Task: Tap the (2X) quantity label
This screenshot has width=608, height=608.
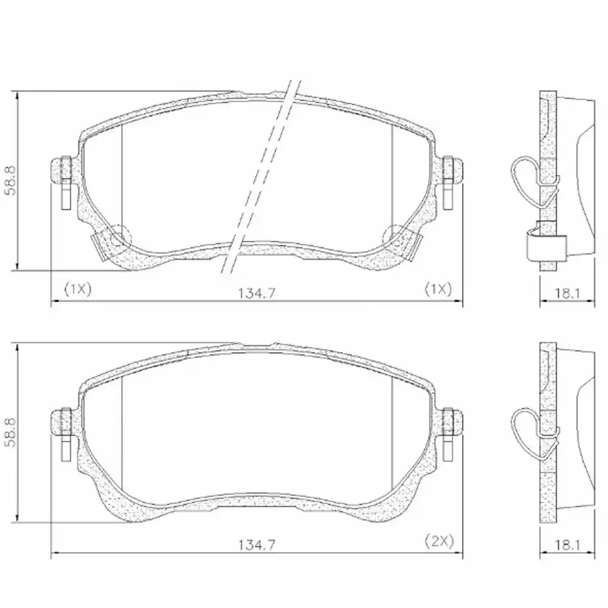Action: [x=438, y=540]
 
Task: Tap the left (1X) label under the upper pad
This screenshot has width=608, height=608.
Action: [x=77, y=289]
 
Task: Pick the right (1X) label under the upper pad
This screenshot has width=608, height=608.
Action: [x=438, y=289]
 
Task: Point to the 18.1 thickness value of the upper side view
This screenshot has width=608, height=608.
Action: [x=565, y=293]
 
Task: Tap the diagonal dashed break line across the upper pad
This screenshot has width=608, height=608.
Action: [x=261, y=176]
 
